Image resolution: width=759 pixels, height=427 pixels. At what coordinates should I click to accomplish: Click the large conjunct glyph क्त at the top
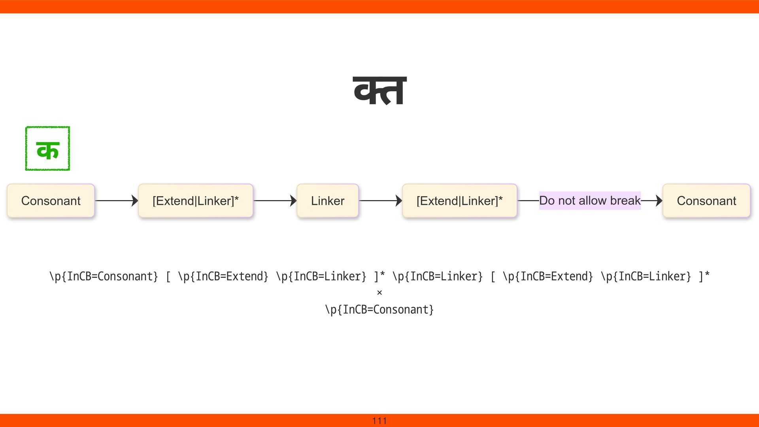[x=379, y=91]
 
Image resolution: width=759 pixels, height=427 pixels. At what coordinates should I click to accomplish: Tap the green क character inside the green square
[x=47, y=150]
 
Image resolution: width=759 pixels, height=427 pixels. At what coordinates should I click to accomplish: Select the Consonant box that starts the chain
[x=51, y=201]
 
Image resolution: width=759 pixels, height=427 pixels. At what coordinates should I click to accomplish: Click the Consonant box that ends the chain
[x=706, y=201]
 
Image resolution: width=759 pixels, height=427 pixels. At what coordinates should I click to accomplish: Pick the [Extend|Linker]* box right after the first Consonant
[x=196, y=201]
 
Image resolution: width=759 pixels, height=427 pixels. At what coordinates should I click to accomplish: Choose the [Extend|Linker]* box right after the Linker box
[x=459, y=201]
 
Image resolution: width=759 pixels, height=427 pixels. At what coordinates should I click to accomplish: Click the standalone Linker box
[x=327, y=201]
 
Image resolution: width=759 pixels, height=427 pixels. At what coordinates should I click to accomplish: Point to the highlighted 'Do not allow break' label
[x=589, y=200]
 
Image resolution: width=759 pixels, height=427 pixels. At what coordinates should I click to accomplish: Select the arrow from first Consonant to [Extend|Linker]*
[x=116, y=201]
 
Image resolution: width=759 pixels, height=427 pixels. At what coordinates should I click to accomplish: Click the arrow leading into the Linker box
[x=275, y=201]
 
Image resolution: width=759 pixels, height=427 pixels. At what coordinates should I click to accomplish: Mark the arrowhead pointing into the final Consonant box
[x=659, y=201]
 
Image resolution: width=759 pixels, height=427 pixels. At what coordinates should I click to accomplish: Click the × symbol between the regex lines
[x=379, y=293]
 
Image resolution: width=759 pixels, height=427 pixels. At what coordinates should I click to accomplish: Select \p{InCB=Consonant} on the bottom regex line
[x=379, y=310]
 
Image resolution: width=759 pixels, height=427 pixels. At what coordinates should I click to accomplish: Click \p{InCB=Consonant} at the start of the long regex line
[x=104, y=276]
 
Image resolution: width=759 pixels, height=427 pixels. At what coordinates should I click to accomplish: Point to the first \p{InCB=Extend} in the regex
[x=223, y=276]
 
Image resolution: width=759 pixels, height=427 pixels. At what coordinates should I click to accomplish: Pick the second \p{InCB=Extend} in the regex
[x=548, y=276]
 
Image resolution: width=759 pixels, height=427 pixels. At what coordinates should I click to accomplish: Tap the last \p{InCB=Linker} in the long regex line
[x=646, y=276]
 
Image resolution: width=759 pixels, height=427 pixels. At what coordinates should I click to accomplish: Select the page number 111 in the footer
[x=379, y=421]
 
